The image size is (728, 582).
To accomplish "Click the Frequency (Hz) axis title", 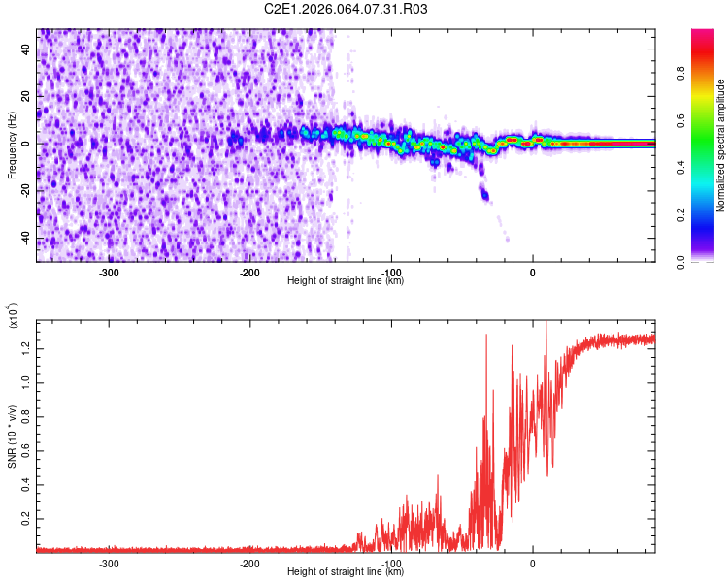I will (x=13, y=145).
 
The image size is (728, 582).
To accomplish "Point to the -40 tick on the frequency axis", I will (x=26, y=239).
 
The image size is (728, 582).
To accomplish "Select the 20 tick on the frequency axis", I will (x=28, y=96).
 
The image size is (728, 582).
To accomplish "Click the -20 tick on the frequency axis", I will (x=26, y=191).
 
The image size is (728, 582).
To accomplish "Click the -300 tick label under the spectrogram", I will (x=109, y=273).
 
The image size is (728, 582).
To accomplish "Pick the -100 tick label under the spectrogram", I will (x=391, y=273).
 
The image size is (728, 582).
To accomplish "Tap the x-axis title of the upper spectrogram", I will (x=346, y=281).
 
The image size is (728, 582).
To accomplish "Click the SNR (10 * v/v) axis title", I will (x=13, y=431).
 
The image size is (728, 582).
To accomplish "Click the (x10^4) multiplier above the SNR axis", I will (x=13, y=315).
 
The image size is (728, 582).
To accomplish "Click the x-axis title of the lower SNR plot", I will (x=346, y=572).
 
